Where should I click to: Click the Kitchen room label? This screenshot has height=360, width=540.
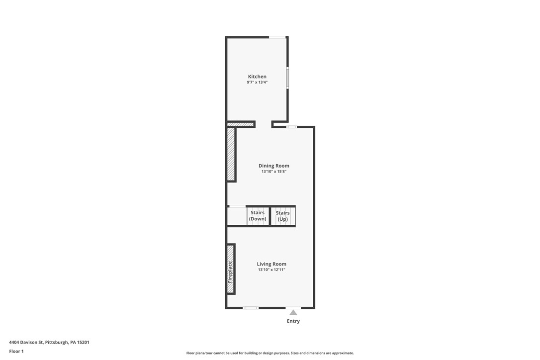tap(257, 77)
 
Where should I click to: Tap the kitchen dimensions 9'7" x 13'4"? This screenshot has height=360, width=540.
tap(257, 83)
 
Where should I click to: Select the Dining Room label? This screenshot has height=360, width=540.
tap(273, 166)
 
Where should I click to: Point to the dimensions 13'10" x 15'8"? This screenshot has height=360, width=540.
tap(273, 172)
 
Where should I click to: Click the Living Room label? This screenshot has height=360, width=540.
tap(271, 264)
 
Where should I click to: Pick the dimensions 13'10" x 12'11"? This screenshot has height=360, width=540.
tap(271, 270)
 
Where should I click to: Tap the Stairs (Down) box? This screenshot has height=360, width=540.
tap(258, 216)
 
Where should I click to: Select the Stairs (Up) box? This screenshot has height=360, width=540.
tap(283, 216)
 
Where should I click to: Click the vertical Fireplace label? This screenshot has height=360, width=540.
tap(230, 272)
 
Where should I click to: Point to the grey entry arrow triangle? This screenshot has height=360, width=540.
tap(293, 313)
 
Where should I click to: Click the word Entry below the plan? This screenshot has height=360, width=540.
tap(293, 321)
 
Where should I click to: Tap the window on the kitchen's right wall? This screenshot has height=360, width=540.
tap(287, 78)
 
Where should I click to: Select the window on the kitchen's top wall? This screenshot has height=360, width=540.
tap(277, 37)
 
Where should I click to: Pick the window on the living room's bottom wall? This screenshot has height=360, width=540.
tap(251, 308)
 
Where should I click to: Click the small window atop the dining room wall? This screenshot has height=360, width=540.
tap(291, 127)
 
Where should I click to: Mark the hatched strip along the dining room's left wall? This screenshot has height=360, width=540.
tap(231, 154)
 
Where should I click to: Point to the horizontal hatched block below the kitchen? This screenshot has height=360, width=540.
tap(241, 124)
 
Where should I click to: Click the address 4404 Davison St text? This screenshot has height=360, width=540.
tap(49, 342)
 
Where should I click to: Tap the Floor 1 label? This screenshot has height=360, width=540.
tap(16, 351)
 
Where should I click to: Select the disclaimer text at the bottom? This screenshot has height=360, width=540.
tap(270, 353)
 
